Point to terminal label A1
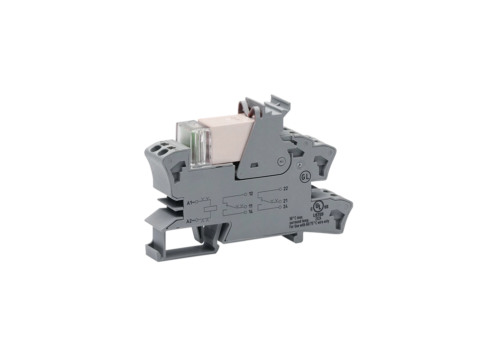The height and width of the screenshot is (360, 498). (x=189, y=203)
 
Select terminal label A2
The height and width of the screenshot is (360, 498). (x=189, y=220)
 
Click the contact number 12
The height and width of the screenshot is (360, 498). (x=251, y=193)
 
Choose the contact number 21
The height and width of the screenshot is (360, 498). (x=286, y=201)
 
